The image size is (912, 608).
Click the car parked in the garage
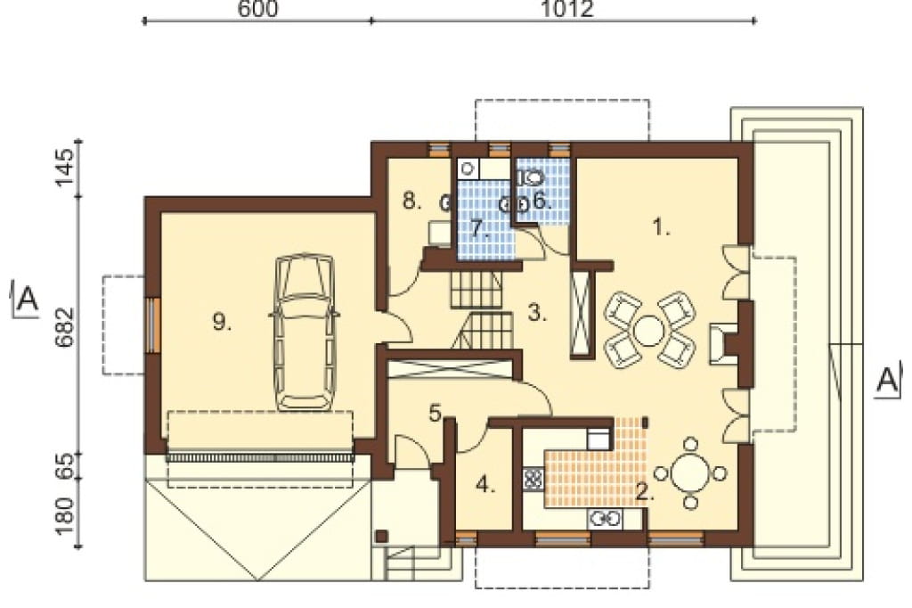click(304, 332)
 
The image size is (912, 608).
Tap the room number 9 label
click(222, 322)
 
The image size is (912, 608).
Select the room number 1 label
click(662, 226)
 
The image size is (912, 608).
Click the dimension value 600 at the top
click(257, 9)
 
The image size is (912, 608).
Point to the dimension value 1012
click(567, 9)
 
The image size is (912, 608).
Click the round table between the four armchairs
click(649, 330)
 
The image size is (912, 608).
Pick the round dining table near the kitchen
click(690, 472)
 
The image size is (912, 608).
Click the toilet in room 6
click(531, 177)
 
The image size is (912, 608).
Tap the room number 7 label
click(478, 229)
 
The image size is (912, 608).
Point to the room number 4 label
click(485, 485)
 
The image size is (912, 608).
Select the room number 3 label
click(537, 313)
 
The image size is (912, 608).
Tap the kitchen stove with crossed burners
click(533, 480)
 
